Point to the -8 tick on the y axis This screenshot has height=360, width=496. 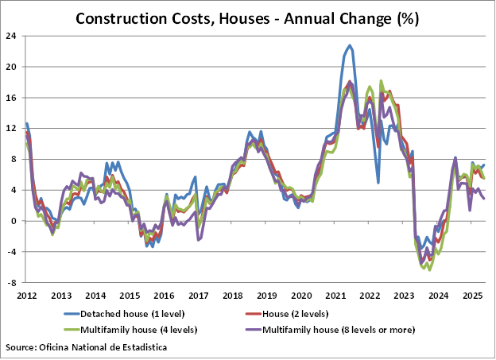14,283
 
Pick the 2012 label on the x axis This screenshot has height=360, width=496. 26,296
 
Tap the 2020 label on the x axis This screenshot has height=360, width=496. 301,296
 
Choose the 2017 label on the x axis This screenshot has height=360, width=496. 198,296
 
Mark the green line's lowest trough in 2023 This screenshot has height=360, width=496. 430,270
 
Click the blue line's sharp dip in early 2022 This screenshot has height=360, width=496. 378,183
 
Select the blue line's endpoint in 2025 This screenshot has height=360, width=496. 484,165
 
